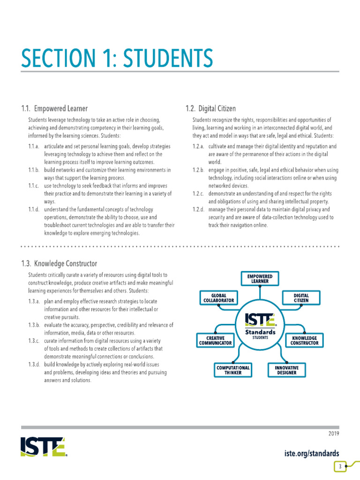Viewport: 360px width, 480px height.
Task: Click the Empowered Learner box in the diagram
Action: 259,279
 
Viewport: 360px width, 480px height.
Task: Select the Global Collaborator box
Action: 218,298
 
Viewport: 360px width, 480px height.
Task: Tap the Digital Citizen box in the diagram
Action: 301,298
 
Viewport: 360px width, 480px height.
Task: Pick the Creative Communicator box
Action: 215,340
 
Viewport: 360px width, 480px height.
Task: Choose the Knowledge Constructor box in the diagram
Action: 305,340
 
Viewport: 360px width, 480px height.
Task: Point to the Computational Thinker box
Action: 233,370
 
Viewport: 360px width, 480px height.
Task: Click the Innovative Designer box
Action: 286,370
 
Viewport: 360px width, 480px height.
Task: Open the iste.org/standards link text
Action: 312,453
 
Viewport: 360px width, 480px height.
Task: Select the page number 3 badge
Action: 339,466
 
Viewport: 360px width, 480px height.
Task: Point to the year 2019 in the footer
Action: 334,434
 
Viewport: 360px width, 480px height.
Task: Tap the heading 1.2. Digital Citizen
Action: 210,109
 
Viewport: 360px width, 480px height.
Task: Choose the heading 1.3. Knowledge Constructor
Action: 59,264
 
